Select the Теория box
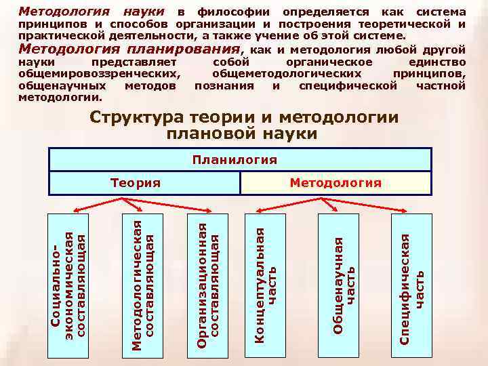[x=136, y=183]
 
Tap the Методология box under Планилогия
[x=335, y=183]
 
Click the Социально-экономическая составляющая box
[x=69, y=284]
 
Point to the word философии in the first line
[x=236, y=12]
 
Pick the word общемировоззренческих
[x=100, y=74]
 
